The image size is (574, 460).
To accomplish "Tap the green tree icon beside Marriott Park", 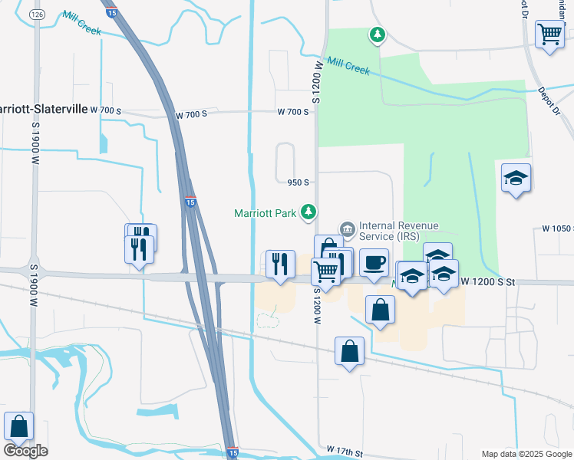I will click(309, 211).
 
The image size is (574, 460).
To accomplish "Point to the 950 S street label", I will click(298, 182).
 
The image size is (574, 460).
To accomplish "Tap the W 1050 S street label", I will click(557, 228).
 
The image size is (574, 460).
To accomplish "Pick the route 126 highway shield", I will click(36, 15).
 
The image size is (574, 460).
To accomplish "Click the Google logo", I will click(25, 450).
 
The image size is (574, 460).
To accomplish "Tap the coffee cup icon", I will click(374, 262).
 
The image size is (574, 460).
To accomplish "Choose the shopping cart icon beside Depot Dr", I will click(549, 34).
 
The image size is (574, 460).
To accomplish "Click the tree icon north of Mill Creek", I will click(377, 34).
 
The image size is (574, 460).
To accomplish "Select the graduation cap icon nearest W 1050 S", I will click(516, 179).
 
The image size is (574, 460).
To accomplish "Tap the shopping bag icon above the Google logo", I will click(18, 426).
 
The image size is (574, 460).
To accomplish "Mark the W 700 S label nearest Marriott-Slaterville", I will click(106, 110).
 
